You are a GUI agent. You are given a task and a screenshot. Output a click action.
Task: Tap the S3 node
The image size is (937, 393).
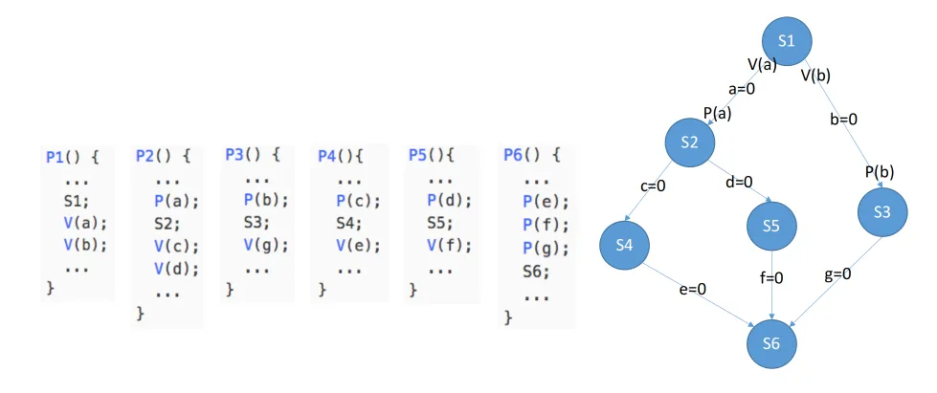pyautogui.click(x=882, y=212)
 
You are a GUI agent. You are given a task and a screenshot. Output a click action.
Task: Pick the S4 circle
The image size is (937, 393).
pyautogui.click(x=626, y=245)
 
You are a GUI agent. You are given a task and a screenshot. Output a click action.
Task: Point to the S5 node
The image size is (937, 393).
pyautogui.click(x=771, y=228)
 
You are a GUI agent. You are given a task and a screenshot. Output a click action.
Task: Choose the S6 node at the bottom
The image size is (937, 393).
pyautogui.click(x=771, y=341)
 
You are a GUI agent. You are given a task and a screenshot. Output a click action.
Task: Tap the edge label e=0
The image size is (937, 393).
pyautogui.click(x=692, y=287)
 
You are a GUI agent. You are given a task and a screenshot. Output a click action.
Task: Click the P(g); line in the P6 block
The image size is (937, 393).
pyautogui.click(x=547, y=248)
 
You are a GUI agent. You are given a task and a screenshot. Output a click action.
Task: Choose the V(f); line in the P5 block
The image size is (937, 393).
pyautogui.click(x=448, y=245)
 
